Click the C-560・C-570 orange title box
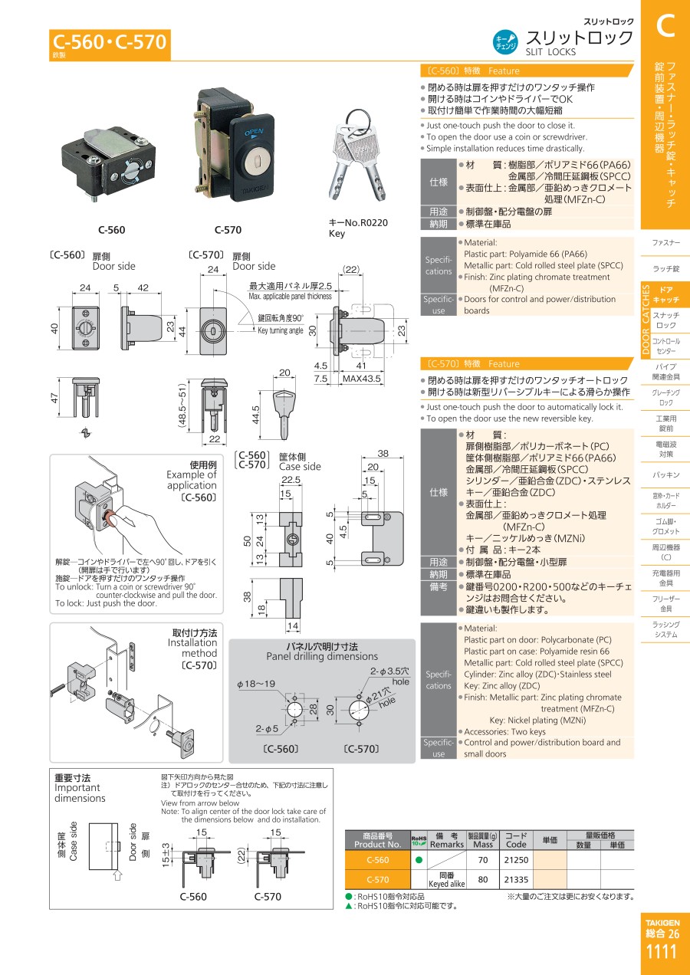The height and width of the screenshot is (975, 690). click(110, 44)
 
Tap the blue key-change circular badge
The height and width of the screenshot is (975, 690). click(505, 42)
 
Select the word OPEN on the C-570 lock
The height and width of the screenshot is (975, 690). click(254, 132)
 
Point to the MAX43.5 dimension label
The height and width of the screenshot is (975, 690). click(361, 379)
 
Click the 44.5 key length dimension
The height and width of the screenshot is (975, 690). click(256, 415)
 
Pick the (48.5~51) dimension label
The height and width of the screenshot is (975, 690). click(182, 405)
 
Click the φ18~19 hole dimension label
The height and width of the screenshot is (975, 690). click(256, 684)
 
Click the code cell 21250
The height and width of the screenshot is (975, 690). click(516, 860)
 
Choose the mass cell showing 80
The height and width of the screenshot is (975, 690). click(483, 879)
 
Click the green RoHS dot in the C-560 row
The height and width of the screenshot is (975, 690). click(419, 860)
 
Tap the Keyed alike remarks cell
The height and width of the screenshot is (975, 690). click(447, 880)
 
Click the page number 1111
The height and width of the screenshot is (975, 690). click(662, 951)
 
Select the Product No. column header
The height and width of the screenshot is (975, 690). click(377, 840)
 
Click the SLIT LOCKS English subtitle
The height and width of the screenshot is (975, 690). click(550, 52)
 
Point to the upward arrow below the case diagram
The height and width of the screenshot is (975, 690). click(117, 875)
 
